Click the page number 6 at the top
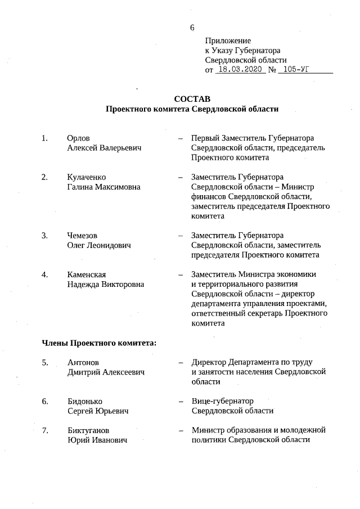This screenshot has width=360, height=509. pos(192,28)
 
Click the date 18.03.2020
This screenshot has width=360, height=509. pos(241,70)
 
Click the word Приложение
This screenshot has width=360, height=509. pos(228,41)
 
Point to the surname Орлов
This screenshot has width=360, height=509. pos(78,138)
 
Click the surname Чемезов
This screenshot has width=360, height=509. pos(82,235)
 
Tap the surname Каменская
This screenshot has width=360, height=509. pos(87,274)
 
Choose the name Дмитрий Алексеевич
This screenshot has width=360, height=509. pos(106,372)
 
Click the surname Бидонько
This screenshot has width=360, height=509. pos(84,401)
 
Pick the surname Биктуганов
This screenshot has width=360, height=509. pos(88,430)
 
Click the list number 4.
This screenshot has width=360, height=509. pos(44,274)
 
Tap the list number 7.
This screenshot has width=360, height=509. pos(44,430)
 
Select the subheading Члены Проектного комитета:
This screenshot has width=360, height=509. pos(99,343)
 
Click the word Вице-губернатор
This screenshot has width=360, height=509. pos(223,401)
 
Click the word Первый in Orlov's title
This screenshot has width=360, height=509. pos(206,138)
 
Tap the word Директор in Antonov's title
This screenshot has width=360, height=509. pos(209,362)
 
